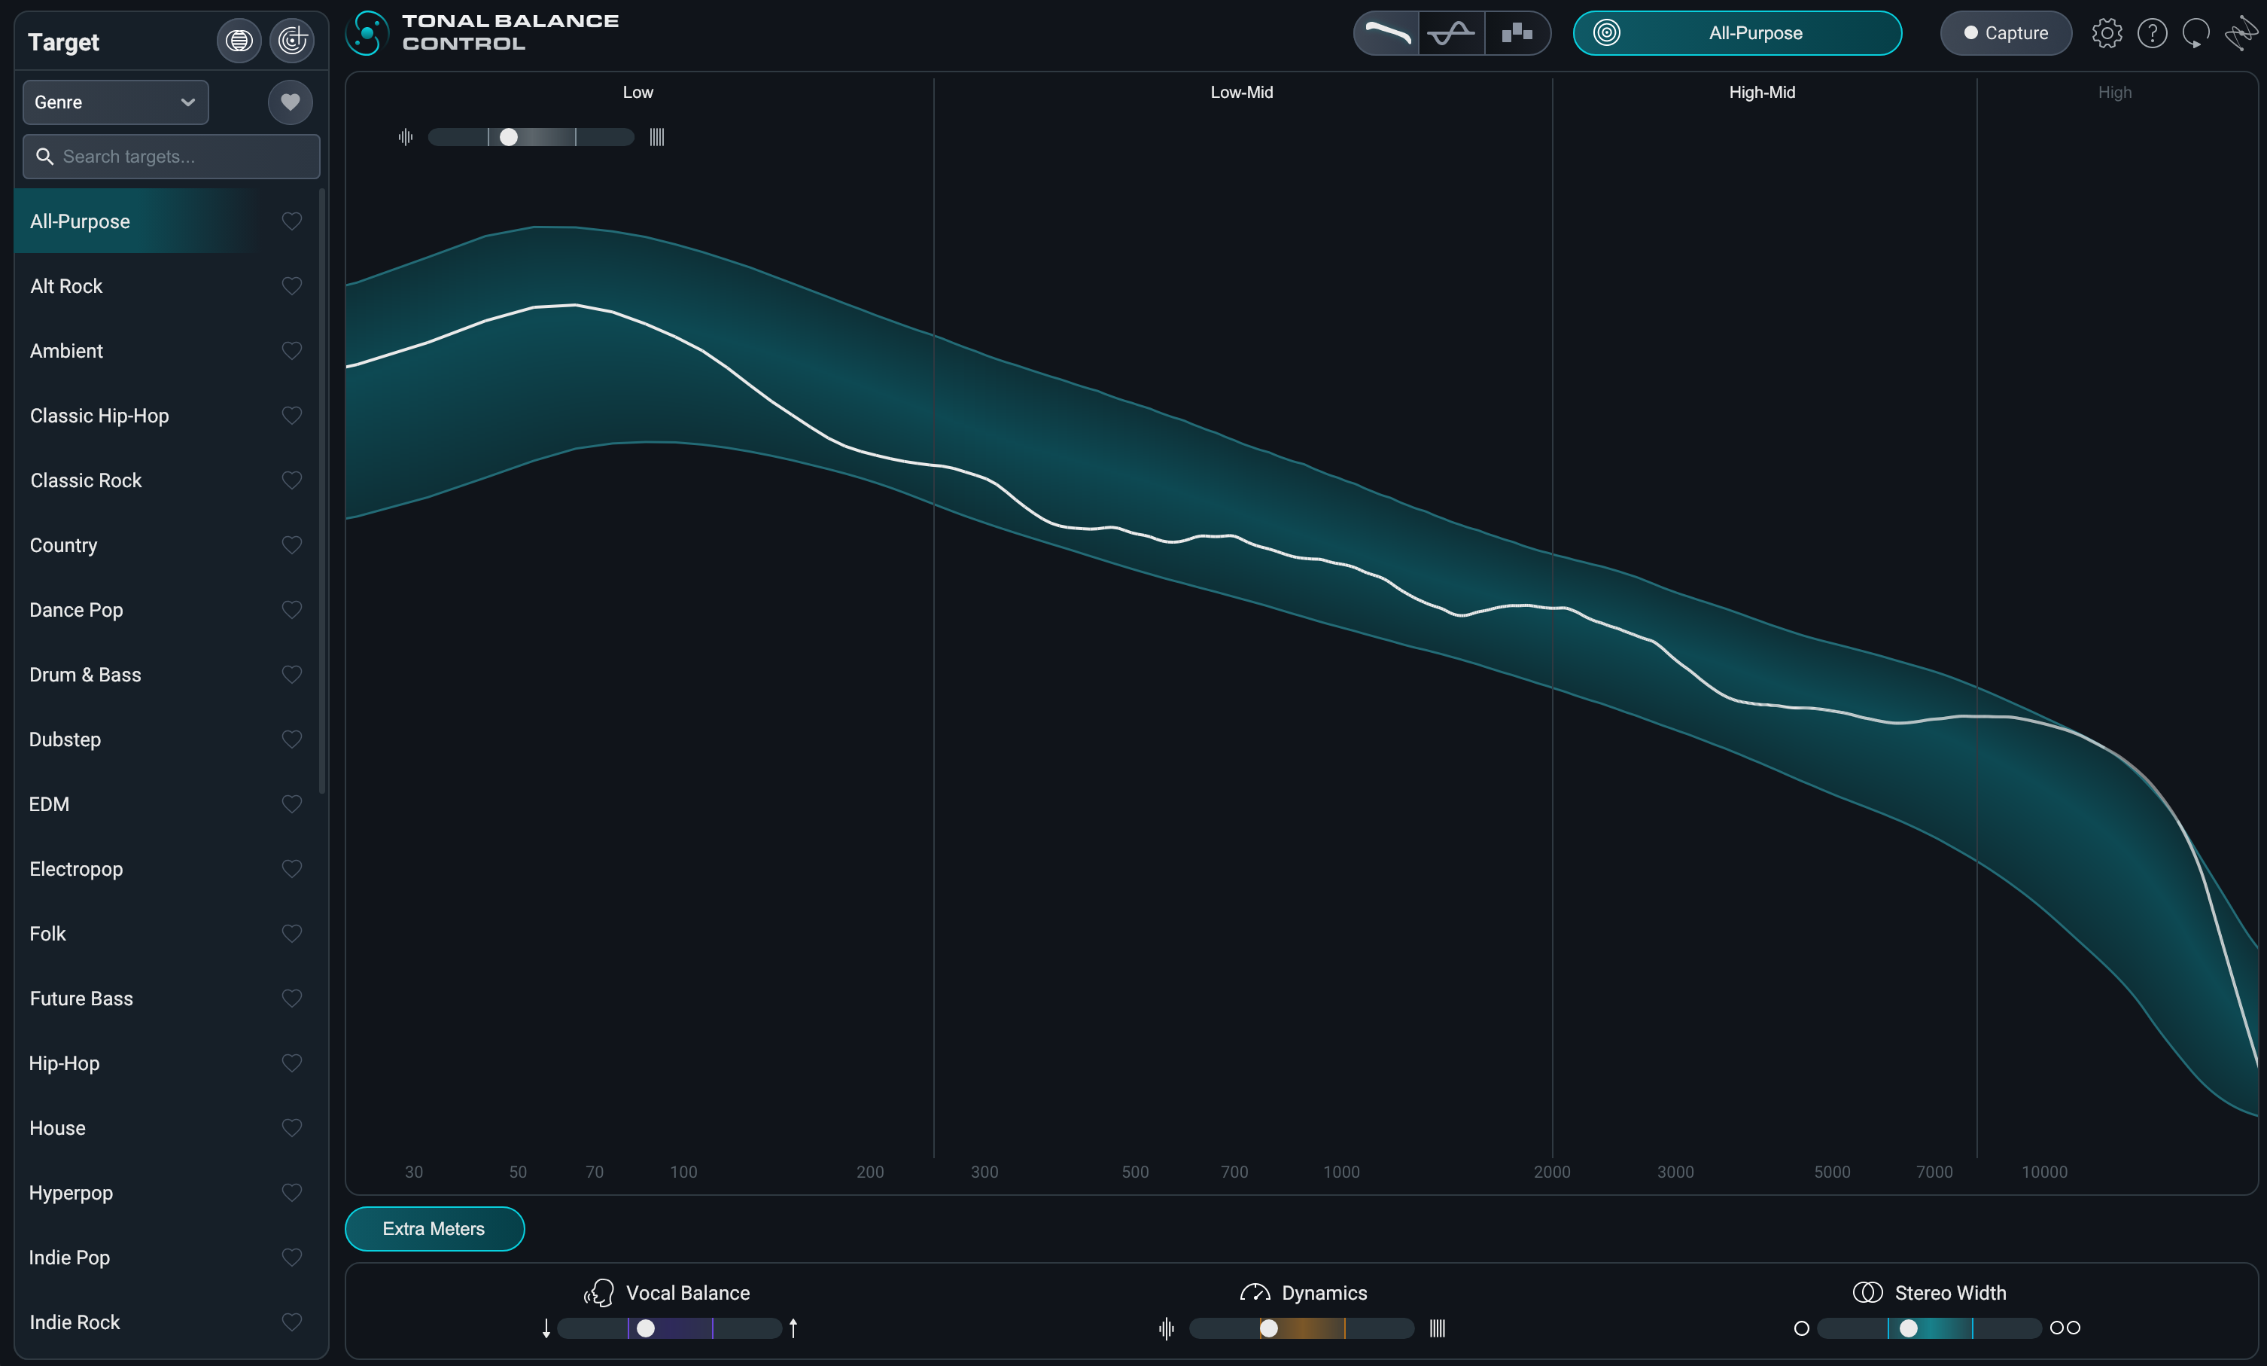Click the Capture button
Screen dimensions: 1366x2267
(x=2005, y=33)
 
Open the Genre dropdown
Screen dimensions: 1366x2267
(x=115, y=102)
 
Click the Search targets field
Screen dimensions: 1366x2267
(x=171, y=157)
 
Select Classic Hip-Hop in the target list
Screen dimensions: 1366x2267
(x=99, y=416)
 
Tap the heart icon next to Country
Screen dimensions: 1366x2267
(x=292, y=545)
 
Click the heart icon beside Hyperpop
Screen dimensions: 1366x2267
(x=292, y=1193)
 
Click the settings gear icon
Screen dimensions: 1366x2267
(x=2106, y=33)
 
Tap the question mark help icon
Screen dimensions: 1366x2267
(x=2152, y=33)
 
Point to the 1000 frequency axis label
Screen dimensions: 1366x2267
(x=1340, y=1172)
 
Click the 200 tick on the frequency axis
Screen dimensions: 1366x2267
(x=869, y=1172)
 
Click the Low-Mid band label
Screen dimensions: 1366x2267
(x=1241, y=92)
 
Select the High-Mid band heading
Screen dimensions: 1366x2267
(x=1761, y=92)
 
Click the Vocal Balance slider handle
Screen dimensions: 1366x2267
(x=646, y=1328)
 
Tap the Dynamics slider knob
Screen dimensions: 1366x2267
(x=1269, y=1328)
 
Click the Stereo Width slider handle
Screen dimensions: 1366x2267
(x=1908, y=1328)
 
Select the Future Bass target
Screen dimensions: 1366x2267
(x=81, y=999)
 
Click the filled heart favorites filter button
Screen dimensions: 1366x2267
(x=290, y=102)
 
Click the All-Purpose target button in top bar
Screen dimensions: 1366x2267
(x=1737, y=33)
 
